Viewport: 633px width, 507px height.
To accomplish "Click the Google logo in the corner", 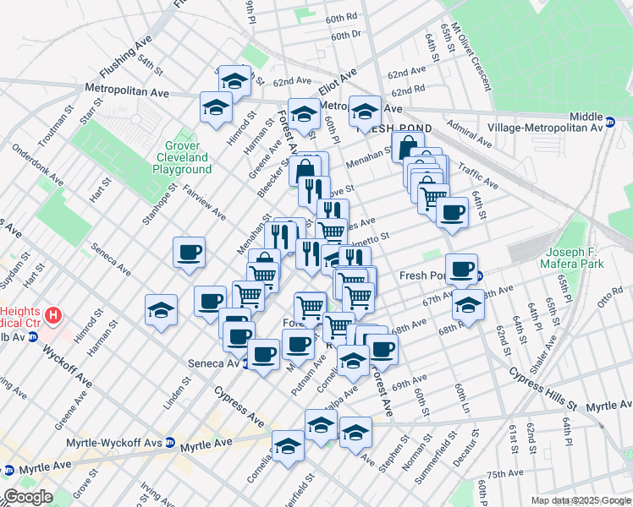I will pos(27,497).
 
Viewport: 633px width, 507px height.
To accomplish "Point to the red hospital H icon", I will pos(53,316).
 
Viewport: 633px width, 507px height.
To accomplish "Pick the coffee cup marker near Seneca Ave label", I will pos(263,352).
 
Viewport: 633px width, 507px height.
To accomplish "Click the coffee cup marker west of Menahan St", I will pos(188,252).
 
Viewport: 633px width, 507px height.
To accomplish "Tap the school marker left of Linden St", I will pos(160,309).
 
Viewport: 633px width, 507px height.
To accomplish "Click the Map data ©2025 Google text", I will pos(580,500).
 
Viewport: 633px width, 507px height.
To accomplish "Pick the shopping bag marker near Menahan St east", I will pos(408,145).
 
